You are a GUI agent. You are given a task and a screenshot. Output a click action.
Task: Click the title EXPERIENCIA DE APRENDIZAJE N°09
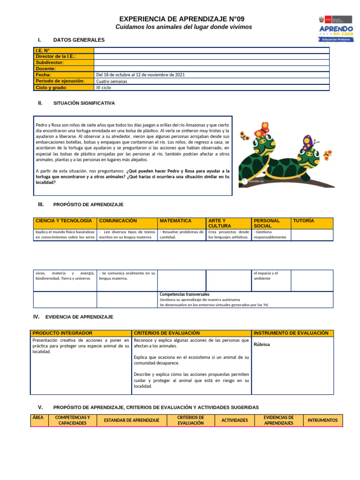click(182, 19)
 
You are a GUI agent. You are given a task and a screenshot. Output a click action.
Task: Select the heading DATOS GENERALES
click(79, 40)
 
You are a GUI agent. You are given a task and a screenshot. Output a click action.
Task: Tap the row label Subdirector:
click(50, 62)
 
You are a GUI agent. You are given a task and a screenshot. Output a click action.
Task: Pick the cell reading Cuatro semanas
click(112, 81)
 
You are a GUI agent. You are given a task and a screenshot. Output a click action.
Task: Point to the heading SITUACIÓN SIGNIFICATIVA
click(84, 103)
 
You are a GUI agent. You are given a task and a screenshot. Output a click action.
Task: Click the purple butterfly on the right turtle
click(307, 139)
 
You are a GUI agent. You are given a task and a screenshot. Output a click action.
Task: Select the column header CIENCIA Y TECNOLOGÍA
click(64, 220)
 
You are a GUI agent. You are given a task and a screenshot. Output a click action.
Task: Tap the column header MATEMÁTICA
click(176, 220)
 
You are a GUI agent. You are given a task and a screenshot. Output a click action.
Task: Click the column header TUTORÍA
click(303, 220)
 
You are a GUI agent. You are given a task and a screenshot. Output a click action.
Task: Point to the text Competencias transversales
click(184, 294)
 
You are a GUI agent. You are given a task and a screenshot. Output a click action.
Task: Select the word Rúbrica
click(262, 345)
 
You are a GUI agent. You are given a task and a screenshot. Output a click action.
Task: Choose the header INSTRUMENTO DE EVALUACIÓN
click(291, 333)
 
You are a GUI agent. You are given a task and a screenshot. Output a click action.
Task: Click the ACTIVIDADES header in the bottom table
click(234, 420)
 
